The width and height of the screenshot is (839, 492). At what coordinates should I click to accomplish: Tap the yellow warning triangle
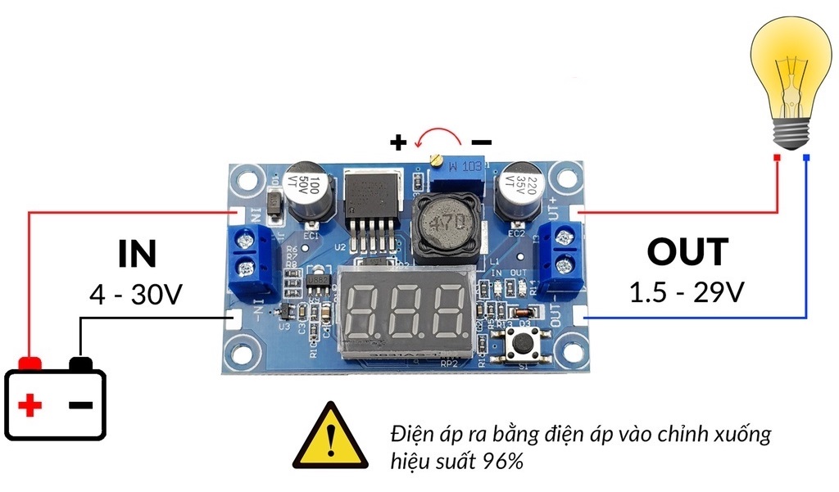329,437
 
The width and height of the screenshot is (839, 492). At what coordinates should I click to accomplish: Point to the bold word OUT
687,252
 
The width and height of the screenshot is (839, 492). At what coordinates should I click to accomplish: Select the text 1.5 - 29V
687,292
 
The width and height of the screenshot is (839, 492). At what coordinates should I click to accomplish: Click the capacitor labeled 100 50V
312,195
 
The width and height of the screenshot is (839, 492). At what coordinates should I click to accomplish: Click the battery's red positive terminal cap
31,363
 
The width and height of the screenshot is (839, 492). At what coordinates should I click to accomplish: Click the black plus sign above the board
398,142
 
